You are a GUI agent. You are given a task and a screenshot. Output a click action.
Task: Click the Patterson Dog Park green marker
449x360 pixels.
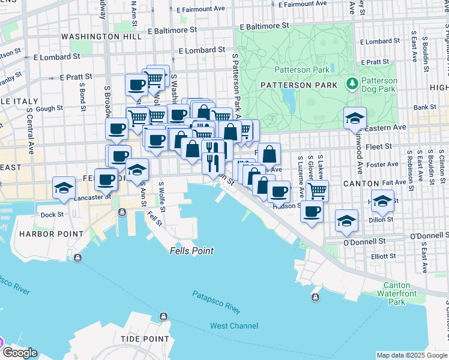click(x=352, y=82)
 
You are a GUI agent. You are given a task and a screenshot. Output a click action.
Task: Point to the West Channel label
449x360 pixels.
click(x=234, y=326)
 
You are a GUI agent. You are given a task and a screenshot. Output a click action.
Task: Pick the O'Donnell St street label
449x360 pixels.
click(x=364, y=241)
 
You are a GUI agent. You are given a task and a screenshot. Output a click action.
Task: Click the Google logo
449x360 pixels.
click(x=19, y=352)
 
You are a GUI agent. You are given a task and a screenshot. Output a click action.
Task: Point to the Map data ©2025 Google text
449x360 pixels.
click(x=412, y=355)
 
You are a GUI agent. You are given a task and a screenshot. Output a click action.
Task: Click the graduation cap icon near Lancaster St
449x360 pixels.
click(x=64, y=188)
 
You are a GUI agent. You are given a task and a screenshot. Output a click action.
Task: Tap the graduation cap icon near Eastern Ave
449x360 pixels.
click(x=355, y=118)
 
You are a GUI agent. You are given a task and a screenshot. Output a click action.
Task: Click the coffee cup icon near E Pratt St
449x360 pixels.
click(x=136, y=85)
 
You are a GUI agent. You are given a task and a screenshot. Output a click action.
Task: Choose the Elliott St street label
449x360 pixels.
click(x=383, y=256)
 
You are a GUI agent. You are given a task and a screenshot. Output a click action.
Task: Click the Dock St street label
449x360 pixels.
click(x=52, y=214)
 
